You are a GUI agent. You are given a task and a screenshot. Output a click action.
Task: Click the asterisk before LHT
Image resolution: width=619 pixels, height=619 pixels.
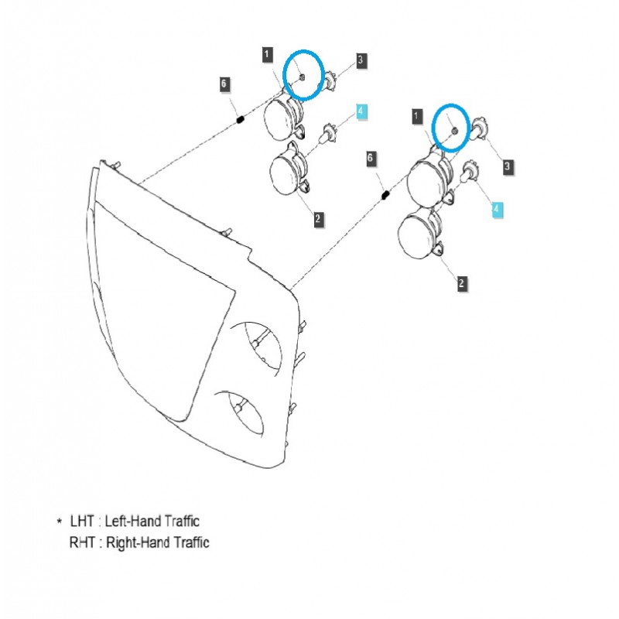tap(60, 523)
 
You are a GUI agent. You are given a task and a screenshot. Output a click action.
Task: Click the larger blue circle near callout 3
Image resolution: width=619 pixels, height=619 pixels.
tap(303, 75)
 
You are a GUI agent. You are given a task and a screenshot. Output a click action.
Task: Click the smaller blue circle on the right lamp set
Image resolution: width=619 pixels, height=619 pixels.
tap(451, 127)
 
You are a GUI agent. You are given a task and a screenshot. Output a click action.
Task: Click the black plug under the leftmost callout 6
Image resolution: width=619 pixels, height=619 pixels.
tap(240, 119)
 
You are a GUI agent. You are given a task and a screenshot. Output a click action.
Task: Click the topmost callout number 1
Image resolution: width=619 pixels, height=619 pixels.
tap(267, 54)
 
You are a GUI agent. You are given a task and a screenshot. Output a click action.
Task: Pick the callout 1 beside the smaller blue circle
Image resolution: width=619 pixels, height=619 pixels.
tap(418, 116)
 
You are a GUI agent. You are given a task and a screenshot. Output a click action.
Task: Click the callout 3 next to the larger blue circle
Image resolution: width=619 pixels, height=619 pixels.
tap(361, 60)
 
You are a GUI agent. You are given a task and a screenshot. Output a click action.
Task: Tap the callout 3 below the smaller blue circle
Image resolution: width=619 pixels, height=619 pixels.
tap(508, 166)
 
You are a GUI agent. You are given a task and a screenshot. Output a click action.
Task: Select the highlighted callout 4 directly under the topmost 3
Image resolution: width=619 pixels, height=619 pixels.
tap(361, 112)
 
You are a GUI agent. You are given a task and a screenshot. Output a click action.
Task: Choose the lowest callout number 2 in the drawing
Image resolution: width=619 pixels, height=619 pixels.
tap(461, 284)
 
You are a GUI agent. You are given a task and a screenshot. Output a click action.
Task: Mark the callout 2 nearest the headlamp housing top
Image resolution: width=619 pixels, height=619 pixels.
tap(318, 220)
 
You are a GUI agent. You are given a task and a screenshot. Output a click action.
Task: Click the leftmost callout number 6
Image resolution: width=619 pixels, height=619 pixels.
tap(224, 84)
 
